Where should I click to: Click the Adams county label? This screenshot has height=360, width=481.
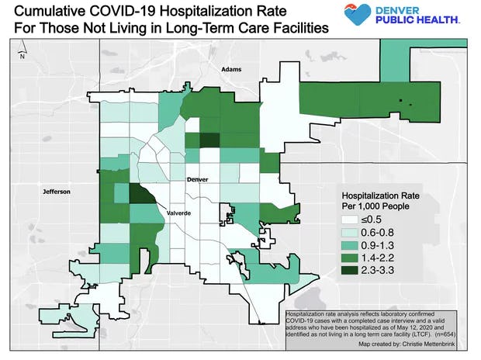(x=231, y=70)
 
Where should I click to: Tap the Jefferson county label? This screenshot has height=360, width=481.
(x=56, y=191)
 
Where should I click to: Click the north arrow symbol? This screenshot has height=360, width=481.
(x=22, y=53)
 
